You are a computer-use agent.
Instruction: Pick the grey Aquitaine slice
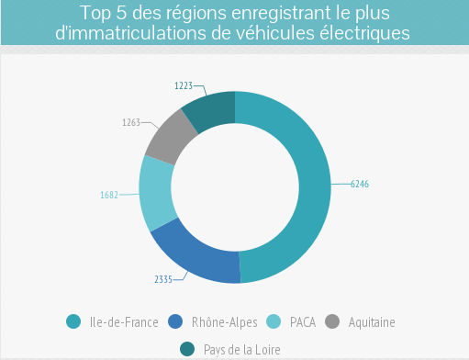point(171,138)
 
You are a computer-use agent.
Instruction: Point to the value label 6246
point(360,185)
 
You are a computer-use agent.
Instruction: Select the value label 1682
point(109,195)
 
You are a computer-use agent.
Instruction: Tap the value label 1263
point(131,121)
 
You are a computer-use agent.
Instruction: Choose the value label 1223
point(184,85)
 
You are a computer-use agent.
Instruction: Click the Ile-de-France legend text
point(125,322)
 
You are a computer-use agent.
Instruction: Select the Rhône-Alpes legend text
point(225,322)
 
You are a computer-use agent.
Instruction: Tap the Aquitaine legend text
point(373,322)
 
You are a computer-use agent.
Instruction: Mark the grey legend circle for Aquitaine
point(333,321)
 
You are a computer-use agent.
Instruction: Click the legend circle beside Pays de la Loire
point(187,348)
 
